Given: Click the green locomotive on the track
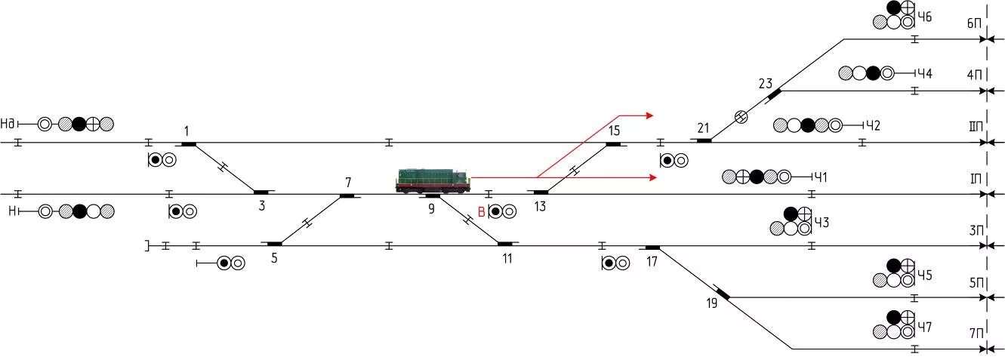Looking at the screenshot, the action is pyautogui.click(x=433, y=180).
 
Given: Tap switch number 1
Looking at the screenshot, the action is pyautogui.click(x=187, y=131).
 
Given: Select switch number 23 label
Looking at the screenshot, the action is pyautogui.click(x=766, y=83).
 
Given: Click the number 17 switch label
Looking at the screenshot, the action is pyautogui.click(x=652, y=260).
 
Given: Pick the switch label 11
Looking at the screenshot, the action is pyautogui.click(x=507, y=258).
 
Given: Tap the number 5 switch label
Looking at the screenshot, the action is pyautogui.click(x=273, y=258).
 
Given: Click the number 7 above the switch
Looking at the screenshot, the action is pyautogui.click(x=348, y=183).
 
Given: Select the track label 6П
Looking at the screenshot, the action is pyautogui.click(x=974, y=23).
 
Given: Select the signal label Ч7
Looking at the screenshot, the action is pyautogui.click(x=925, y=328).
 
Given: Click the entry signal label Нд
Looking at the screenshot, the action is pyautogui.click(x=9, y=123).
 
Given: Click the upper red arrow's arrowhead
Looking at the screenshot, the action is pyautogui.click(x=649, y=115).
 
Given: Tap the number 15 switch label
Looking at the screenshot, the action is pyautogui.click(x=614, y=131).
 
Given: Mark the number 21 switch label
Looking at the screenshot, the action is pyautogui.click(x=704, y=127).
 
